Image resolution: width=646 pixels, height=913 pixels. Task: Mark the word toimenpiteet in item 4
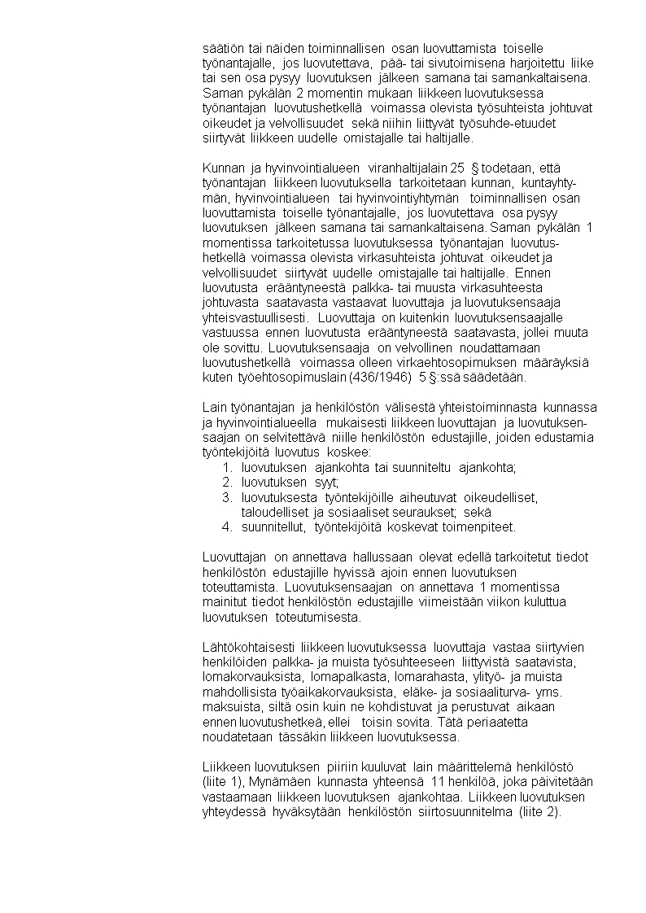coord(475,527)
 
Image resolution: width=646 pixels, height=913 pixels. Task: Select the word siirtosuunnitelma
coord(456,812)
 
